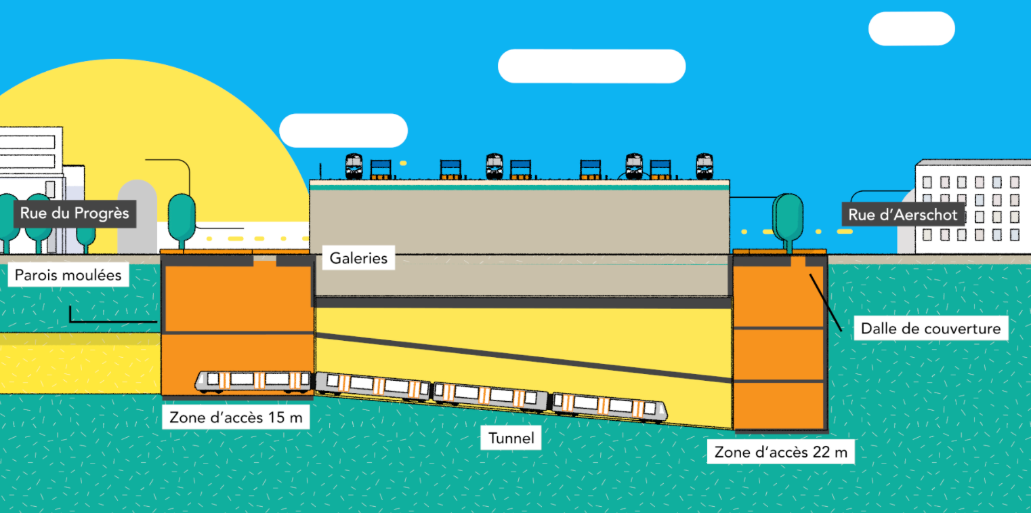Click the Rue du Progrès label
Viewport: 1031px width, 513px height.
(x=75, y=213)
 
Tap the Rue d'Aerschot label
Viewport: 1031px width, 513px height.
(x=903, y=215)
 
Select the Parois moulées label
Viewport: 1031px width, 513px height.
(x=68, y=274)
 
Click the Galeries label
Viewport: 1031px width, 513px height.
(x=358, y=258)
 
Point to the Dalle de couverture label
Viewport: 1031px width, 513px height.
(x=930, y=329)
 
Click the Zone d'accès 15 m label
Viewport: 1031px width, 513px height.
(x=236, y=417)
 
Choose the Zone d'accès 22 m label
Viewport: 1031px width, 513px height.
(x=780, y=452)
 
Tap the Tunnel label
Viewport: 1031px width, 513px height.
(x=511, y=438)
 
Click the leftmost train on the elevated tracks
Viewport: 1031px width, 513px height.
(x=354, y=166)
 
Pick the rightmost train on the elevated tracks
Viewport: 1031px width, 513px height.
(x=704, y=166)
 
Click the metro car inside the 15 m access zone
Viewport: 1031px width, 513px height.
(x=253, y=382)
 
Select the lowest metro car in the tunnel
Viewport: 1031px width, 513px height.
(x=609, y=405)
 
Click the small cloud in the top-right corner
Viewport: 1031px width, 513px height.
(x=911, y=28)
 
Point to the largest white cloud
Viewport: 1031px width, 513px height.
(x=591, y=66)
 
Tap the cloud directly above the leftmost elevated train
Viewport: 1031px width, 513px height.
(x=343, y=130)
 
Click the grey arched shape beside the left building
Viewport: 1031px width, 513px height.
(x=137, y=216)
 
